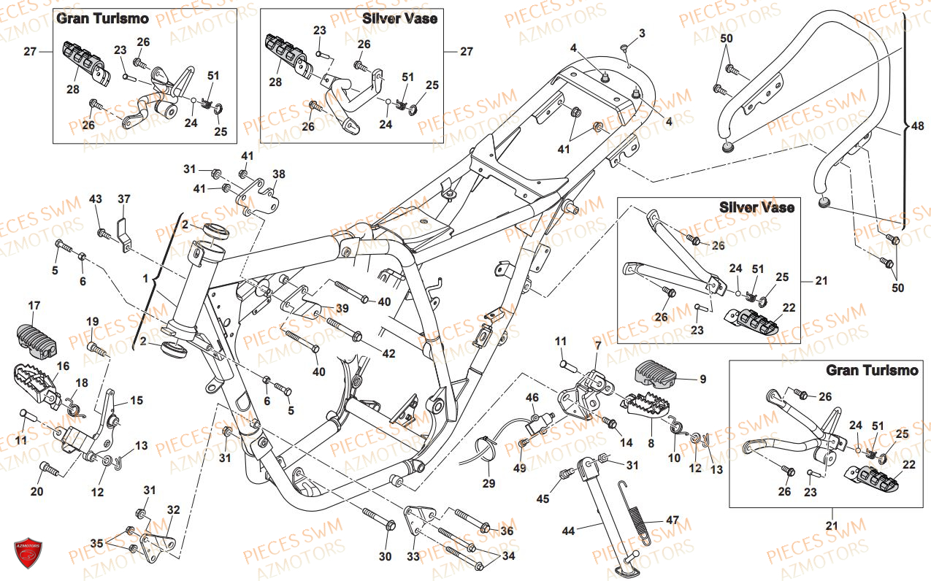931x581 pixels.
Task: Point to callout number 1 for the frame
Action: coord(145,278)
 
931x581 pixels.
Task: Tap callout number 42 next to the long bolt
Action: coord(388,353)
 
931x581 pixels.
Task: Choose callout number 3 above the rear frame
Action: coord(642,34)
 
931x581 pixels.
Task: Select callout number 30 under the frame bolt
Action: coord(385,557)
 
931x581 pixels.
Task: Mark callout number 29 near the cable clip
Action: coord(489,483)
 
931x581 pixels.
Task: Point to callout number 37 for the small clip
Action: coord(123,199)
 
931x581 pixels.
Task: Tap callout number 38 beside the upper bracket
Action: coord(279,174)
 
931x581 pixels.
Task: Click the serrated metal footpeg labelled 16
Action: coord(37,382)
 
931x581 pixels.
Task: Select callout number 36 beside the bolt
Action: coord(507,531)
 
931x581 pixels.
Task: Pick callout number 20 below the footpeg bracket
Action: coord(37,491)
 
